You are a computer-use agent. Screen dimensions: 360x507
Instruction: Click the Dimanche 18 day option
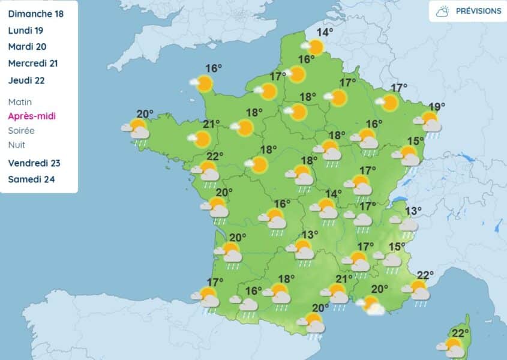point(35,13)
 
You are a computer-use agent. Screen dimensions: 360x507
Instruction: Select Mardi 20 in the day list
point(28,46)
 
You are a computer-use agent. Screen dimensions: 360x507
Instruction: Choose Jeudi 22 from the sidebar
point(27,80)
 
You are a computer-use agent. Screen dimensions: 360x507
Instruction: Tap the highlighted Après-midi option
point(32,116)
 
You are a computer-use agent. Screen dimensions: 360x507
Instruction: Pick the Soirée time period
point(22,130)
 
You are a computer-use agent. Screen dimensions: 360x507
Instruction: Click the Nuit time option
point(17,145)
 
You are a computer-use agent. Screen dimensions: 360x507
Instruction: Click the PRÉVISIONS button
point(467,11)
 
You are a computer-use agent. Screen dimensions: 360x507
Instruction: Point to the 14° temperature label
point(325,32)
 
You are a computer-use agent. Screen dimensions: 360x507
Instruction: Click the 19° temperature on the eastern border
point(437,107)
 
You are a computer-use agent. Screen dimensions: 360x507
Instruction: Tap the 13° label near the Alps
point(413,211)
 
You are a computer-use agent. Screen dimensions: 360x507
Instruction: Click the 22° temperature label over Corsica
point(460,334)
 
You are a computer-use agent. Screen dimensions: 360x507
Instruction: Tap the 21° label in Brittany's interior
point(210,124)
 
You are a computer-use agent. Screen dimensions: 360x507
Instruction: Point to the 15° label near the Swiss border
point(416,140)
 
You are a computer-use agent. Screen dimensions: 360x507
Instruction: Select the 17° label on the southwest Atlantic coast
point(215,281)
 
